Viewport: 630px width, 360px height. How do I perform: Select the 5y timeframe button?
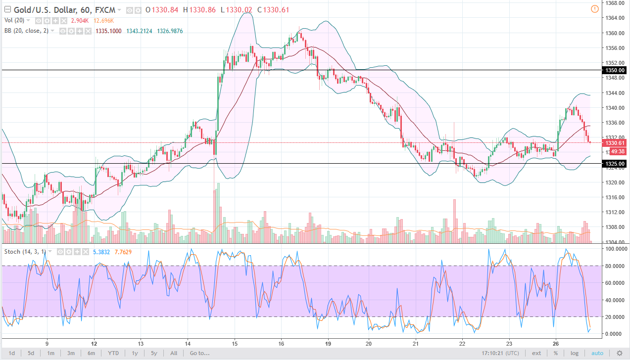pos(154,353)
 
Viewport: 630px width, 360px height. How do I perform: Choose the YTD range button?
pos(113,353)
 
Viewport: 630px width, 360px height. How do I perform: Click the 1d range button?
pos(12,353)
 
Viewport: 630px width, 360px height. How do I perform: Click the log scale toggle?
pos(574,353)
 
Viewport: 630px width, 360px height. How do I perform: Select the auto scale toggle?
pos(597,353)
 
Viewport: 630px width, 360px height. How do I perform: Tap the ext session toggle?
pos(536,353)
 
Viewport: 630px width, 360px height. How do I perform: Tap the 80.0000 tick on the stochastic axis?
pos(614,266)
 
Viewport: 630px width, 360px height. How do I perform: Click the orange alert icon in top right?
pos(594,9)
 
